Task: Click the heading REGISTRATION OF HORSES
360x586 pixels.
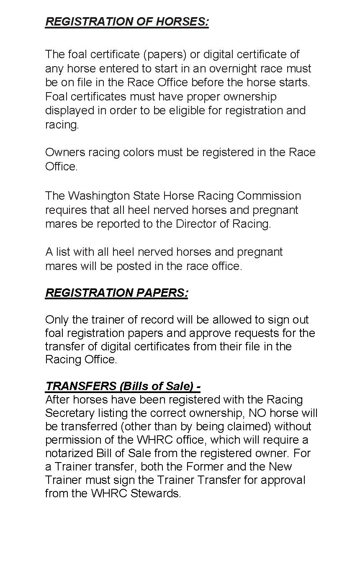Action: [x=127, y=21]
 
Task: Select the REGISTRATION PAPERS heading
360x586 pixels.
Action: [x=116, y=293]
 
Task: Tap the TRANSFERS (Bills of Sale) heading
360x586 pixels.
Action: [x=123, y=386]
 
